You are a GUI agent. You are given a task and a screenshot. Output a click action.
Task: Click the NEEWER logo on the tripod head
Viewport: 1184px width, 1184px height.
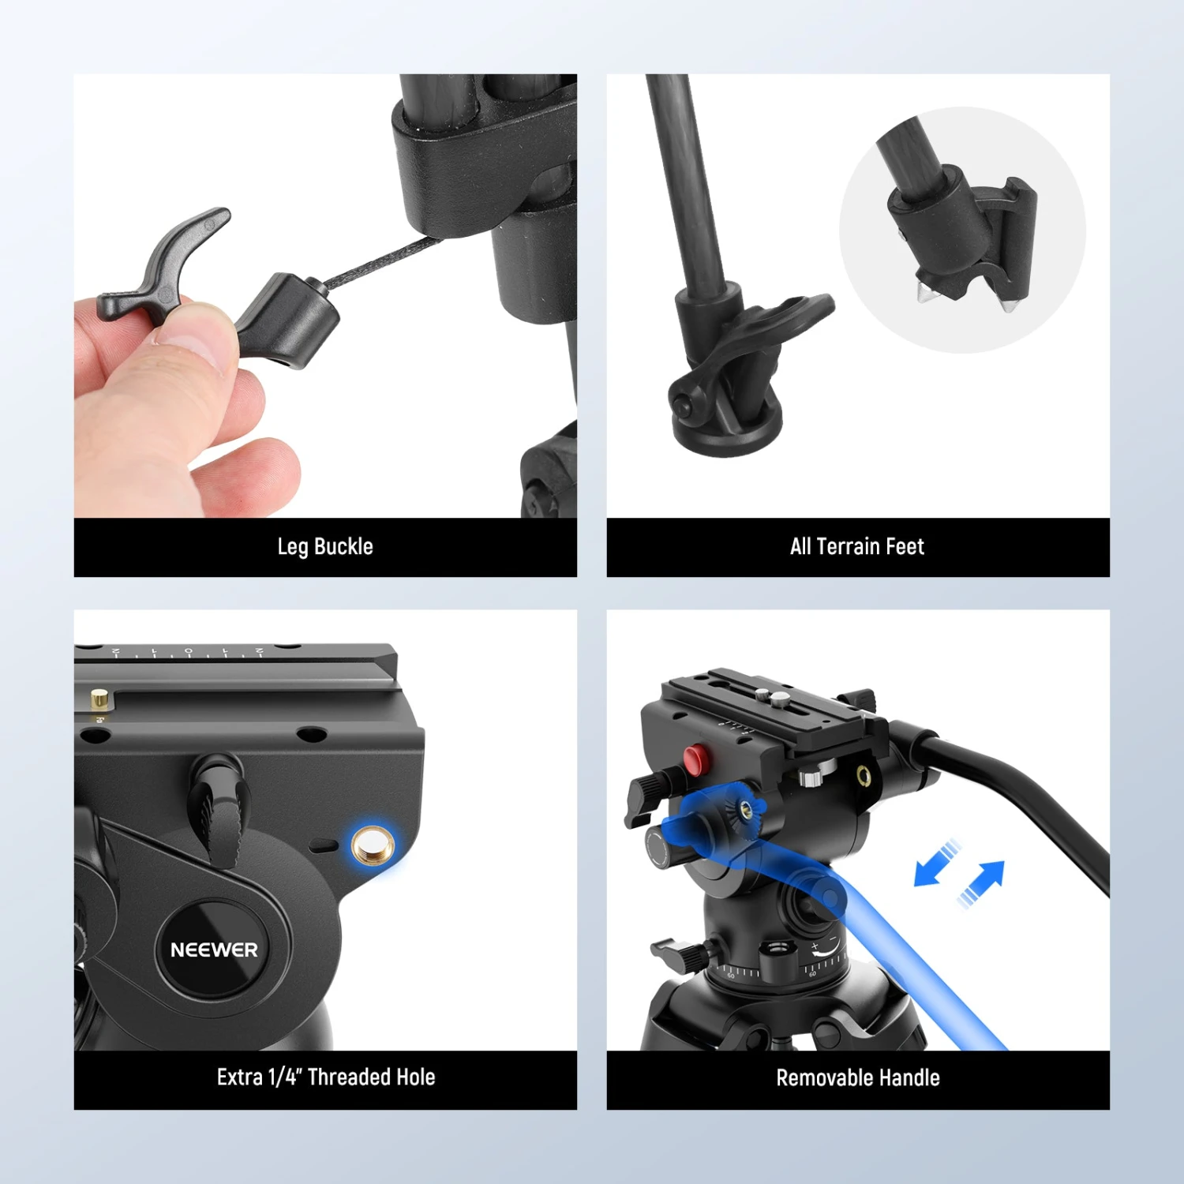pos(214,950)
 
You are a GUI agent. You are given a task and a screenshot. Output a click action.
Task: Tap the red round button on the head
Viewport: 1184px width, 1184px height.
pos(695,759)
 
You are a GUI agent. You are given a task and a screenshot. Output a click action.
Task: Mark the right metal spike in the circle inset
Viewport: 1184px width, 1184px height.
pos(1008,303)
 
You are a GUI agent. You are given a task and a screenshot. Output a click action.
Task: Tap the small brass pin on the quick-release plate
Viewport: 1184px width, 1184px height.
pos(99,699)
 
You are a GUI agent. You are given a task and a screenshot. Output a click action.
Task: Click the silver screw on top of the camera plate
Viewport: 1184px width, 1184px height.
pos(778,698)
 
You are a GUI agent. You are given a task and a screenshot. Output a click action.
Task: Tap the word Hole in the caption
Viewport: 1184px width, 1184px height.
pos(415,1077)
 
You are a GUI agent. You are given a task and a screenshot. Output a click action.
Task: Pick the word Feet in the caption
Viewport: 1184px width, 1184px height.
pos(905,546)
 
